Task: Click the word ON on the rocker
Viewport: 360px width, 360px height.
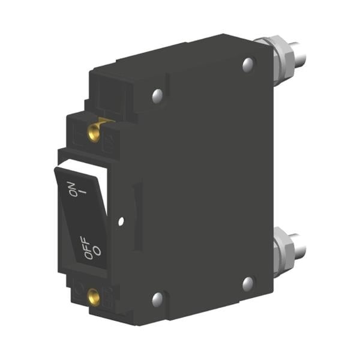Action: pyautogui.click(x=72, y=189)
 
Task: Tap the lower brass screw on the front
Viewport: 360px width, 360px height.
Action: pyautogui.click(x=94, y=298)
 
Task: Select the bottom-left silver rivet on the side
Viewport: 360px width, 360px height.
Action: pyautogui.click(x=157, y=299)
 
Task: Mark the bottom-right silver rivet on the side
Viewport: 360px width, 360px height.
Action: pyautogui.click(x=248, y=283)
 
